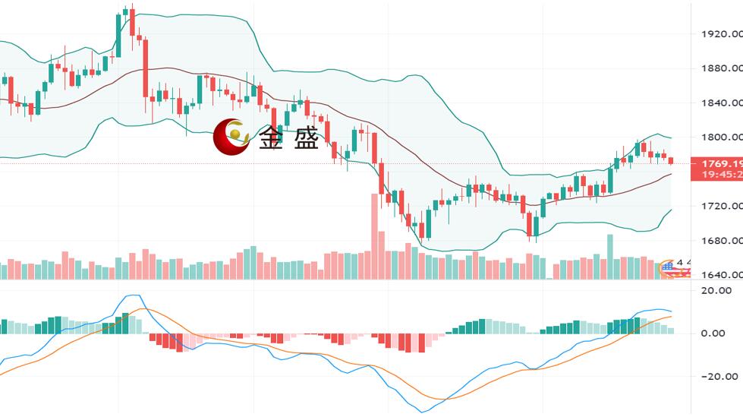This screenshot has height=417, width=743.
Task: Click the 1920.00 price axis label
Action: pos(719,34)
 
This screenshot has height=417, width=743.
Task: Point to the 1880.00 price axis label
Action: pos(719,68)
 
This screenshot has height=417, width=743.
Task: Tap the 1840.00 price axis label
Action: pos(719,103)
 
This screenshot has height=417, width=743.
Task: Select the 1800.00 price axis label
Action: pos(719,137)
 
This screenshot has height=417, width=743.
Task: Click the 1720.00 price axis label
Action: pos(719,206)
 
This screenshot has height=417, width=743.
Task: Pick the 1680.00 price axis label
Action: pos(719,241)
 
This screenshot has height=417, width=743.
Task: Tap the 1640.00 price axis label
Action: pos(719,275)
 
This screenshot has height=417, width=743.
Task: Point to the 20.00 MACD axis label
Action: pos(716,290)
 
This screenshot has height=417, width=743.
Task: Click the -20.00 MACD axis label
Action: pos(716,376)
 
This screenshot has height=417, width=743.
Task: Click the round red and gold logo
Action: pos(231,137)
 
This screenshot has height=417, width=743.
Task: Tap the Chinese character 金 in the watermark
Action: pos(272,138)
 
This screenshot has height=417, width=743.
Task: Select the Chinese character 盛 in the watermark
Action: pos(307,138)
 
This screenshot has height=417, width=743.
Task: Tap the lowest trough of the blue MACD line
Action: pos(422,412)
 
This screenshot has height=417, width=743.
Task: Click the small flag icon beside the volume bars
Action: pos(668,266)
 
